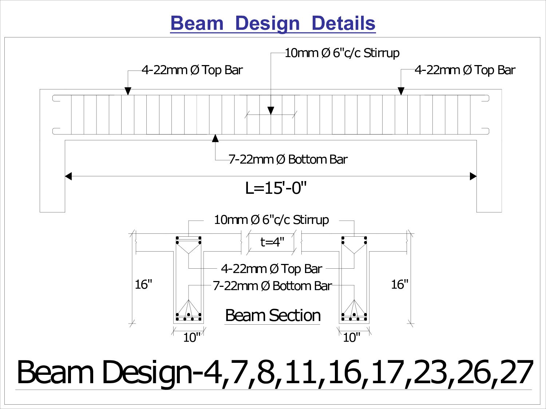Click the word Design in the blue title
267,24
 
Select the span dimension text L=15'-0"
276,188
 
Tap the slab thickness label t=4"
272,242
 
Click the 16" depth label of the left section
143,284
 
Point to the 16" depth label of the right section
400,284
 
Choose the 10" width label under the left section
191,337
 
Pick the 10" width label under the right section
352,337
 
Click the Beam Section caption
273,315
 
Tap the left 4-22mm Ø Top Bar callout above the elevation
192,70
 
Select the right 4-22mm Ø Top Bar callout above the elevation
465,70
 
